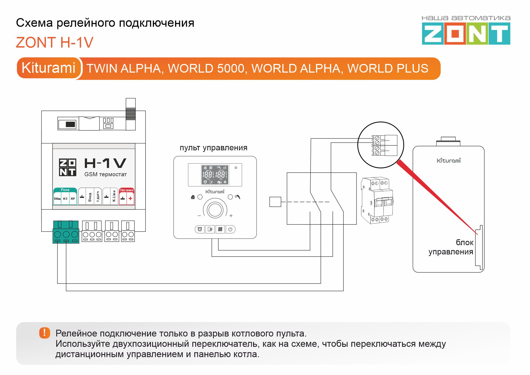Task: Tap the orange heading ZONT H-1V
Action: point(55,43)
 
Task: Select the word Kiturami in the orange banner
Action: point(48,68)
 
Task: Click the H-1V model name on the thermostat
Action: point(105,163)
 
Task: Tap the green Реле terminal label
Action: point(65,190)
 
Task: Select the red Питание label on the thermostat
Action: point(126,190)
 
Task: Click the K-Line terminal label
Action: point(114,196)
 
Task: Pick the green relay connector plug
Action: point(66,232)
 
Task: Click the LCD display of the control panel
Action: point(215,175)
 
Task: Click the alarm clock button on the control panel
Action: point(200,229)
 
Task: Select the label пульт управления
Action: point(213,148)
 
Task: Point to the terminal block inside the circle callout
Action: point(384,145)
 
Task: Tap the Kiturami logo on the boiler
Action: point(449,161)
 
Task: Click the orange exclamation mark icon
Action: point(45,333)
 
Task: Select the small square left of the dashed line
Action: point(275,202)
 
